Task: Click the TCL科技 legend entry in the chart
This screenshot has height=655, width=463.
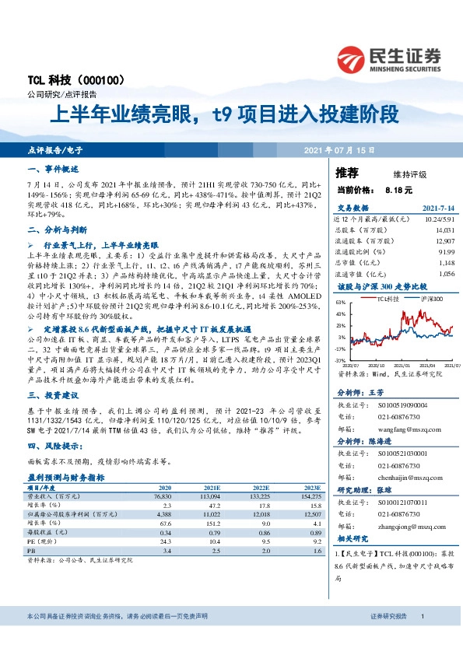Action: click(x=388, y=299)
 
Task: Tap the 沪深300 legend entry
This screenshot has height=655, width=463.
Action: click(x=432, y=299)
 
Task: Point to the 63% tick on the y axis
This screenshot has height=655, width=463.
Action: click(x=340, y=301)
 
